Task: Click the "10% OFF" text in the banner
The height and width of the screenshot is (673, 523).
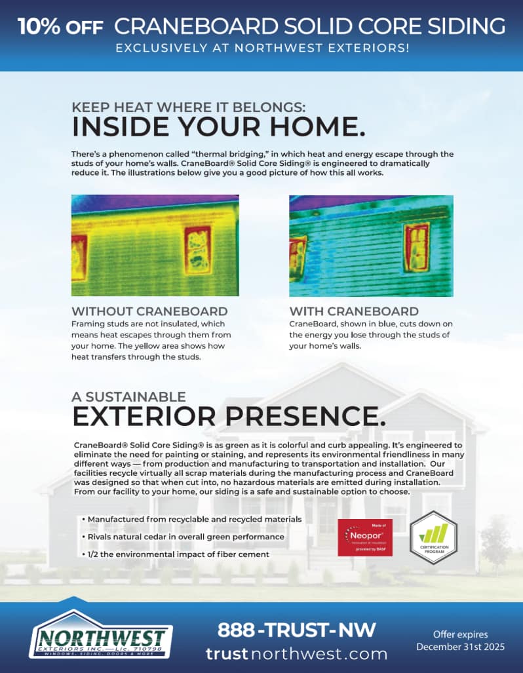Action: tap(60, 26)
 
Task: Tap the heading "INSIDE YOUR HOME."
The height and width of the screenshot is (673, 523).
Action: tap(218, 126)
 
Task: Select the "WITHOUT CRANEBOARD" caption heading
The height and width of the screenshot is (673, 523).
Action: tap(149, 311)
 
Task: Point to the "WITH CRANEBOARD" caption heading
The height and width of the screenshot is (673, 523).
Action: tap(354, 311)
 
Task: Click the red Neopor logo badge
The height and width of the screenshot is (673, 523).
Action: tap(365, 537)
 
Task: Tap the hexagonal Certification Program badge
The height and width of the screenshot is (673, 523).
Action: tap(433, 537)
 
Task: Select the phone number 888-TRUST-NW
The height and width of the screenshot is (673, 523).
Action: tap(297, 630)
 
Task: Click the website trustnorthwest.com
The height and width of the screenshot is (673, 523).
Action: tap(296, 653)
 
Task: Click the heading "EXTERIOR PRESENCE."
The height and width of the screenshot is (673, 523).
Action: tap(229, 416)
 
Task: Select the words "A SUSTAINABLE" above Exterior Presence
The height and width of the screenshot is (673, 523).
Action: tap(128, 396)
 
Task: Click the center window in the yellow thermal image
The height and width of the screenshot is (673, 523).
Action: tap(197, 250)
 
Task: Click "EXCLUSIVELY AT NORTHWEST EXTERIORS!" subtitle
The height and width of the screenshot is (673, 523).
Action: tap(261, 48)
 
